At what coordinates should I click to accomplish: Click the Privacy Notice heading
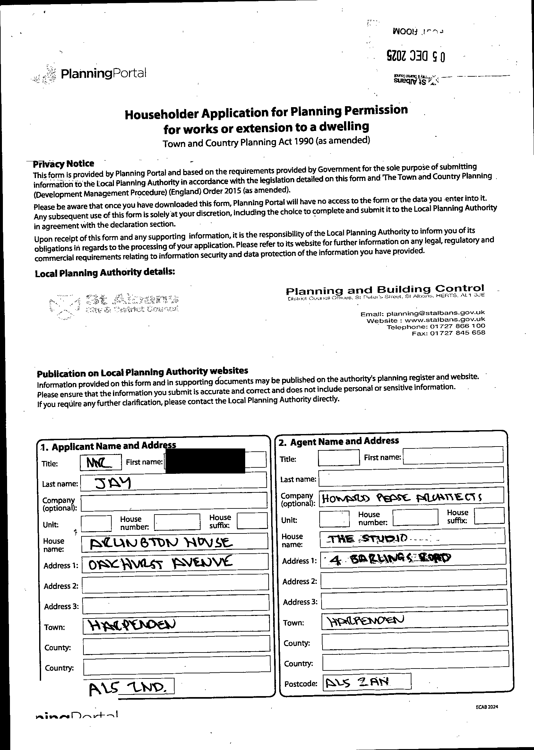64,164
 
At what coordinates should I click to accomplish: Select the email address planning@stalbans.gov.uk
435,313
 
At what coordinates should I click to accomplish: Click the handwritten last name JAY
112,483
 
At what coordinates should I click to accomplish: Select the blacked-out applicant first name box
205,460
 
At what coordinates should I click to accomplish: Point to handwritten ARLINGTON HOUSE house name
161,543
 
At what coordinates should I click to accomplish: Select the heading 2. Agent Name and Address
339,441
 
